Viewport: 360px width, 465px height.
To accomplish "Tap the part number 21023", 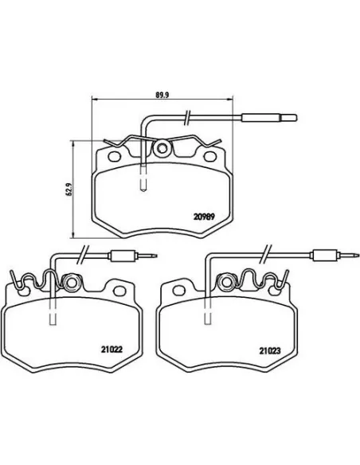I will pos(270,349).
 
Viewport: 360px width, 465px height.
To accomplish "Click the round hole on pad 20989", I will pos(162,148).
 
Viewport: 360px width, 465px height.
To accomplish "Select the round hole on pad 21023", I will pos(223,282).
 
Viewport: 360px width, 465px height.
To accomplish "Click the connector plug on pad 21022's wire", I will pos(124,256).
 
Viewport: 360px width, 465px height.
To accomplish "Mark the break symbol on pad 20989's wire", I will pos(186,116).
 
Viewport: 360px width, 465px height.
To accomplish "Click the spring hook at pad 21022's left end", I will pos(14,279).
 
